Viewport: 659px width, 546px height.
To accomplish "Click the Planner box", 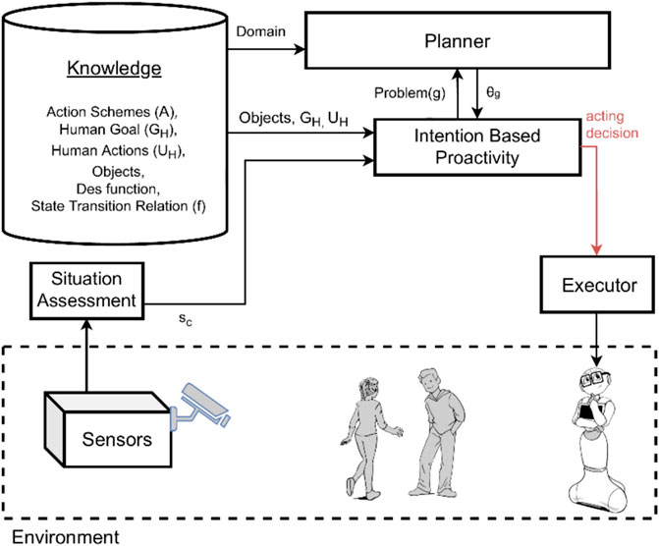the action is tap(458, 41).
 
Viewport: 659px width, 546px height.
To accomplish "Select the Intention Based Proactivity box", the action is tap(477, 147).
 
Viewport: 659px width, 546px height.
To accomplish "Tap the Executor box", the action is tap(597, 285).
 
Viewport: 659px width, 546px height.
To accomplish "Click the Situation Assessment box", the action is tap(87, 291).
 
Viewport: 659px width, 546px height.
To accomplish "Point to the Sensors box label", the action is tap(117, 439).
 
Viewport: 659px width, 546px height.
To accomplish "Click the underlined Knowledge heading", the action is tap(114, 69).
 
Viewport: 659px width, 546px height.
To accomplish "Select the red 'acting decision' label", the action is tap(612, 125).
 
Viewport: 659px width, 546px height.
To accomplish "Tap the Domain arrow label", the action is tap(260, 31).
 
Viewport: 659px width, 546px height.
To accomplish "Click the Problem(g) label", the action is tap(410, 93).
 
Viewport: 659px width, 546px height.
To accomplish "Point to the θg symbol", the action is tap(493, 92).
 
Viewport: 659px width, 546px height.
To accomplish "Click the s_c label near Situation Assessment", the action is tap(186, 319).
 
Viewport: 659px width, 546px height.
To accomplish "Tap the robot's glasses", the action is tap(595, 379).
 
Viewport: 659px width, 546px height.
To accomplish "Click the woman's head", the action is tap(368, 389).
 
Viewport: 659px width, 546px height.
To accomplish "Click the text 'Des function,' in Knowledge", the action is tap(118, 189).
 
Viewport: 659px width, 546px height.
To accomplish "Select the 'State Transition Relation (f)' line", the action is tap(119, 206).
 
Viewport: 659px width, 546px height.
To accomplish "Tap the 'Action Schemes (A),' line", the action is tap(112, 112).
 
